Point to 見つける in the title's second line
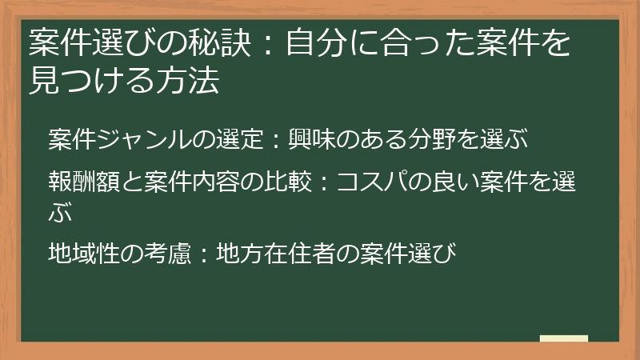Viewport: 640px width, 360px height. click(96, 80)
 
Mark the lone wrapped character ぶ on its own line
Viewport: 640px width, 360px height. click(59, 213)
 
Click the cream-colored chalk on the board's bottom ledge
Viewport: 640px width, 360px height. click(563, 338)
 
